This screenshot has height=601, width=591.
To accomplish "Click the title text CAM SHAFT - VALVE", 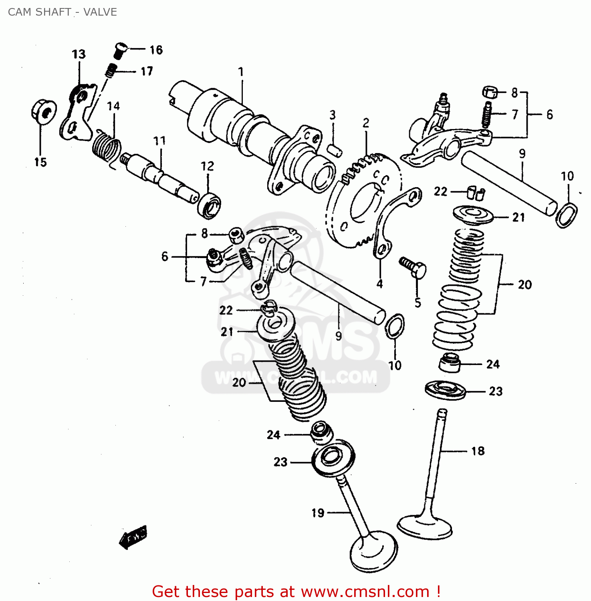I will click(63, 12).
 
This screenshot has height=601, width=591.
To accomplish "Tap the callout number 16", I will click(156, 50).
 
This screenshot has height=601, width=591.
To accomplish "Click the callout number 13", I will click(79, 54).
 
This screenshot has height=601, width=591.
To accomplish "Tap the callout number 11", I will click(159, 141).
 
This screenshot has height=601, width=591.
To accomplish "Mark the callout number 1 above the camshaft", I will click(241, 72).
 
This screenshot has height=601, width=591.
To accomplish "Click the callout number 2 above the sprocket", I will click(366, 123).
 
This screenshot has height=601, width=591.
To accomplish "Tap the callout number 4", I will click(379, 284).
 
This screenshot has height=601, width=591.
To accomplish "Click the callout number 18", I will click(478, 451).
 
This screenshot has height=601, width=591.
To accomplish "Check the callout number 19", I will click(318, 513).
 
